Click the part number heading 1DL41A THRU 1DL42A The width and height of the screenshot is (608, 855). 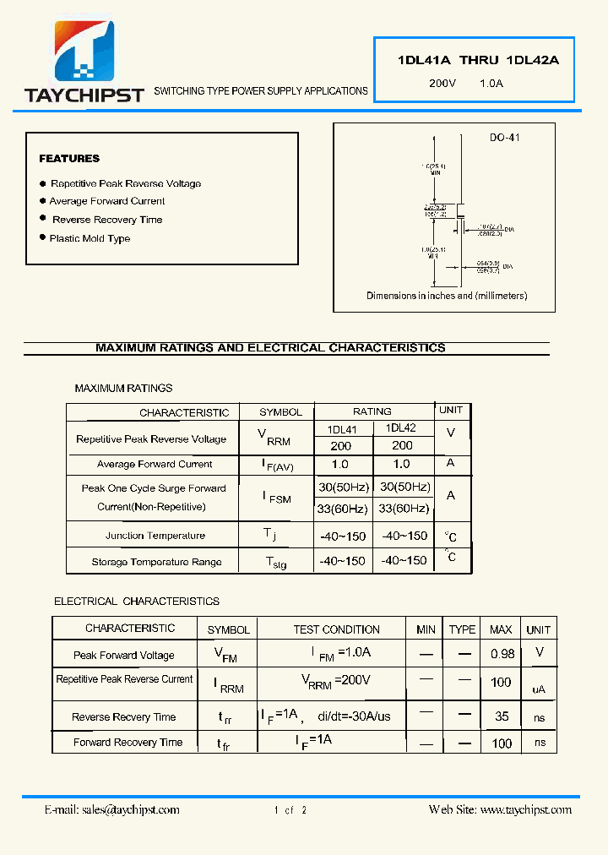click(478, 60)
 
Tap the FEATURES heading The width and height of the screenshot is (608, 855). click(69, 159)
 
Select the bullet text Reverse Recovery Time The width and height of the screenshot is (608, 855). click(107, 220)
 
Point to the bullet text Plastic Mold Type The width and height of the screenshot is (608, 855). click(90, 238)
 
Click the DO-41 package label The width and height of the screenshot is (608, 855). click(504, 137)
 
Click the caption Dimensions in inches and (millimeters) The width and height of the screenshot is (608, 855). click(447, 296)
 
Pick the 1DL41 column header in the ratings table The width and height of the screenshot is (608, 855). click(342, 429)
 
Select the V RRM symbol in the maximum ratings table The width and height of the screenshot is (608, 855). click(274, 437)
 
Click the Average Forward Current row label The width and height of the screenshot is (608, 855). click(155, 464)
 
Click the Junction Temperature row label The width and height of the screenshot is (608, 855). click(155, 536)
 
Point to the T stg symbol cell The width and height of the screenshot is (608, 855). click(275, 562)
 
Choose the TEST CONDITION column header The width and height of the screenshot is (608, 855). click(336, 629)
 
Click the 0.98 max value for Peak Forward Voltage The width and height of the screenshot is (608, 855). click(502, 654)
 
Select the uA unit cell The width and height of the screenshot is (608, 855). click(539, 689)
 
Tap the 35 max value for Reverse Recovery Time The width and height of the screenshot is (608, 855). click(502, 716)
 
